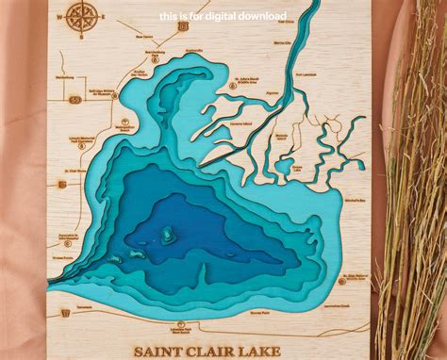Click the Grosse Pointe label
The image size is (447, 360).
(64, 255)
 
